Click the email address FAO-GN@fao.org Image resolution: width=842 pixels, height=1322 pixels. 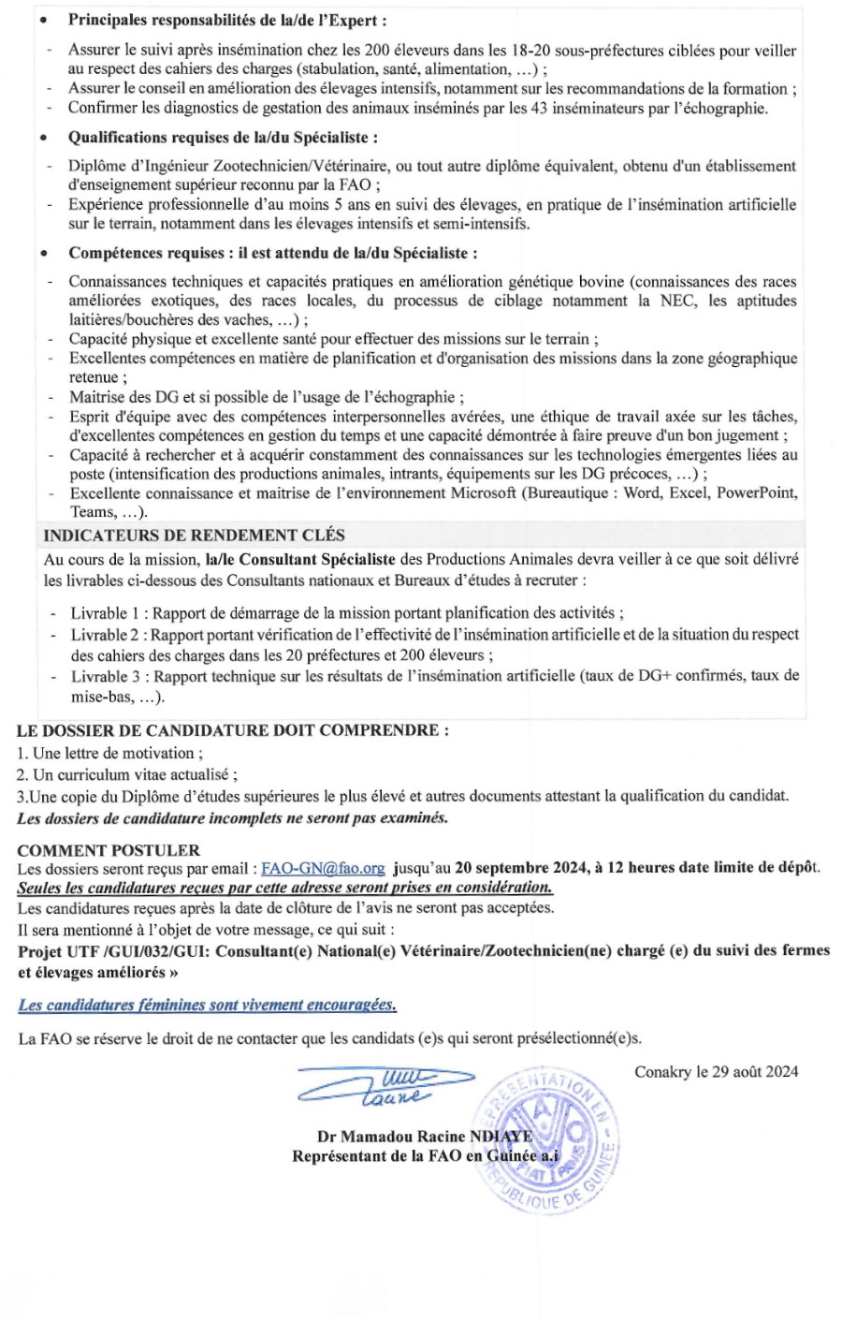tap(323, 868)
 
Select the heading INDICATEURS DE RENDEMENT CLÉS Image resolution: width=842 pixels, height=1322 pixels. tap(194, 536)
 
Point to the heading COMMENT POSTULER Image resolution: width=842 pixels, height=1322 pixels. tap(109, 850)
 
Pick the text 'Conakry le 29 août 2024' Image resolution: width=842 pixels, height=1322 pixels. tap(716, 1072)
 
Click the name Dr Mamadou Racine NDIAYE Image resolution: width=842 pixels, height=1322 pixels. tap(425, 1137)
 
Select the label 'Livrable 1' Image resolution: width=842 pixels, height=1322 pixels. tap(108, 613)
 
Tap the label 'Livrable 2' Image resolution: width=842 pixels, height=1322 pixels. tap(108, 636)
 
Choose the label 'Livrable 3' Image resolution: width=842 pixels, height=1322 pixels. tap(109, 676)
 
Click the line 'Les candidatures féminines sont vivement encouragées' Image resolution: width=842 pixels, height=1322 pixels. tap(207, 1006)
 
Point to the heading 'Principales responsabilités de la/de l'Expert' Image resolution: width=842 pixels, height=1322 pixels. tap(226, 20)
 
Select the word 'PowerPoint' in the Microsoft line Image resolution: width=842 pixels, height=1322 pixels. tap(756, 493)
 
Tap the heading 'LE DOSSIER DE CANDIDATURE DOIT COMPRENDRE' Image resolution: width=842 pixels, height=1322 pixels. tap(232, 730)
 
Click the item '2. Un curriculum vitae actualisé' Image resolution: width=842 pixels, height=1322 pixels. tap(127, 774)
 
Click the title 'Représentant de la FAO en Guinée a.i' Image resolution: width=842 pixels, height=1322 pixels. tap(425, 1156)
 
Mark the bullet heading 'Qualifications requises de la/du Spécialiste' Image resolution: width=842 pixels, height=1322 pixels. tap(223, 138)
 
